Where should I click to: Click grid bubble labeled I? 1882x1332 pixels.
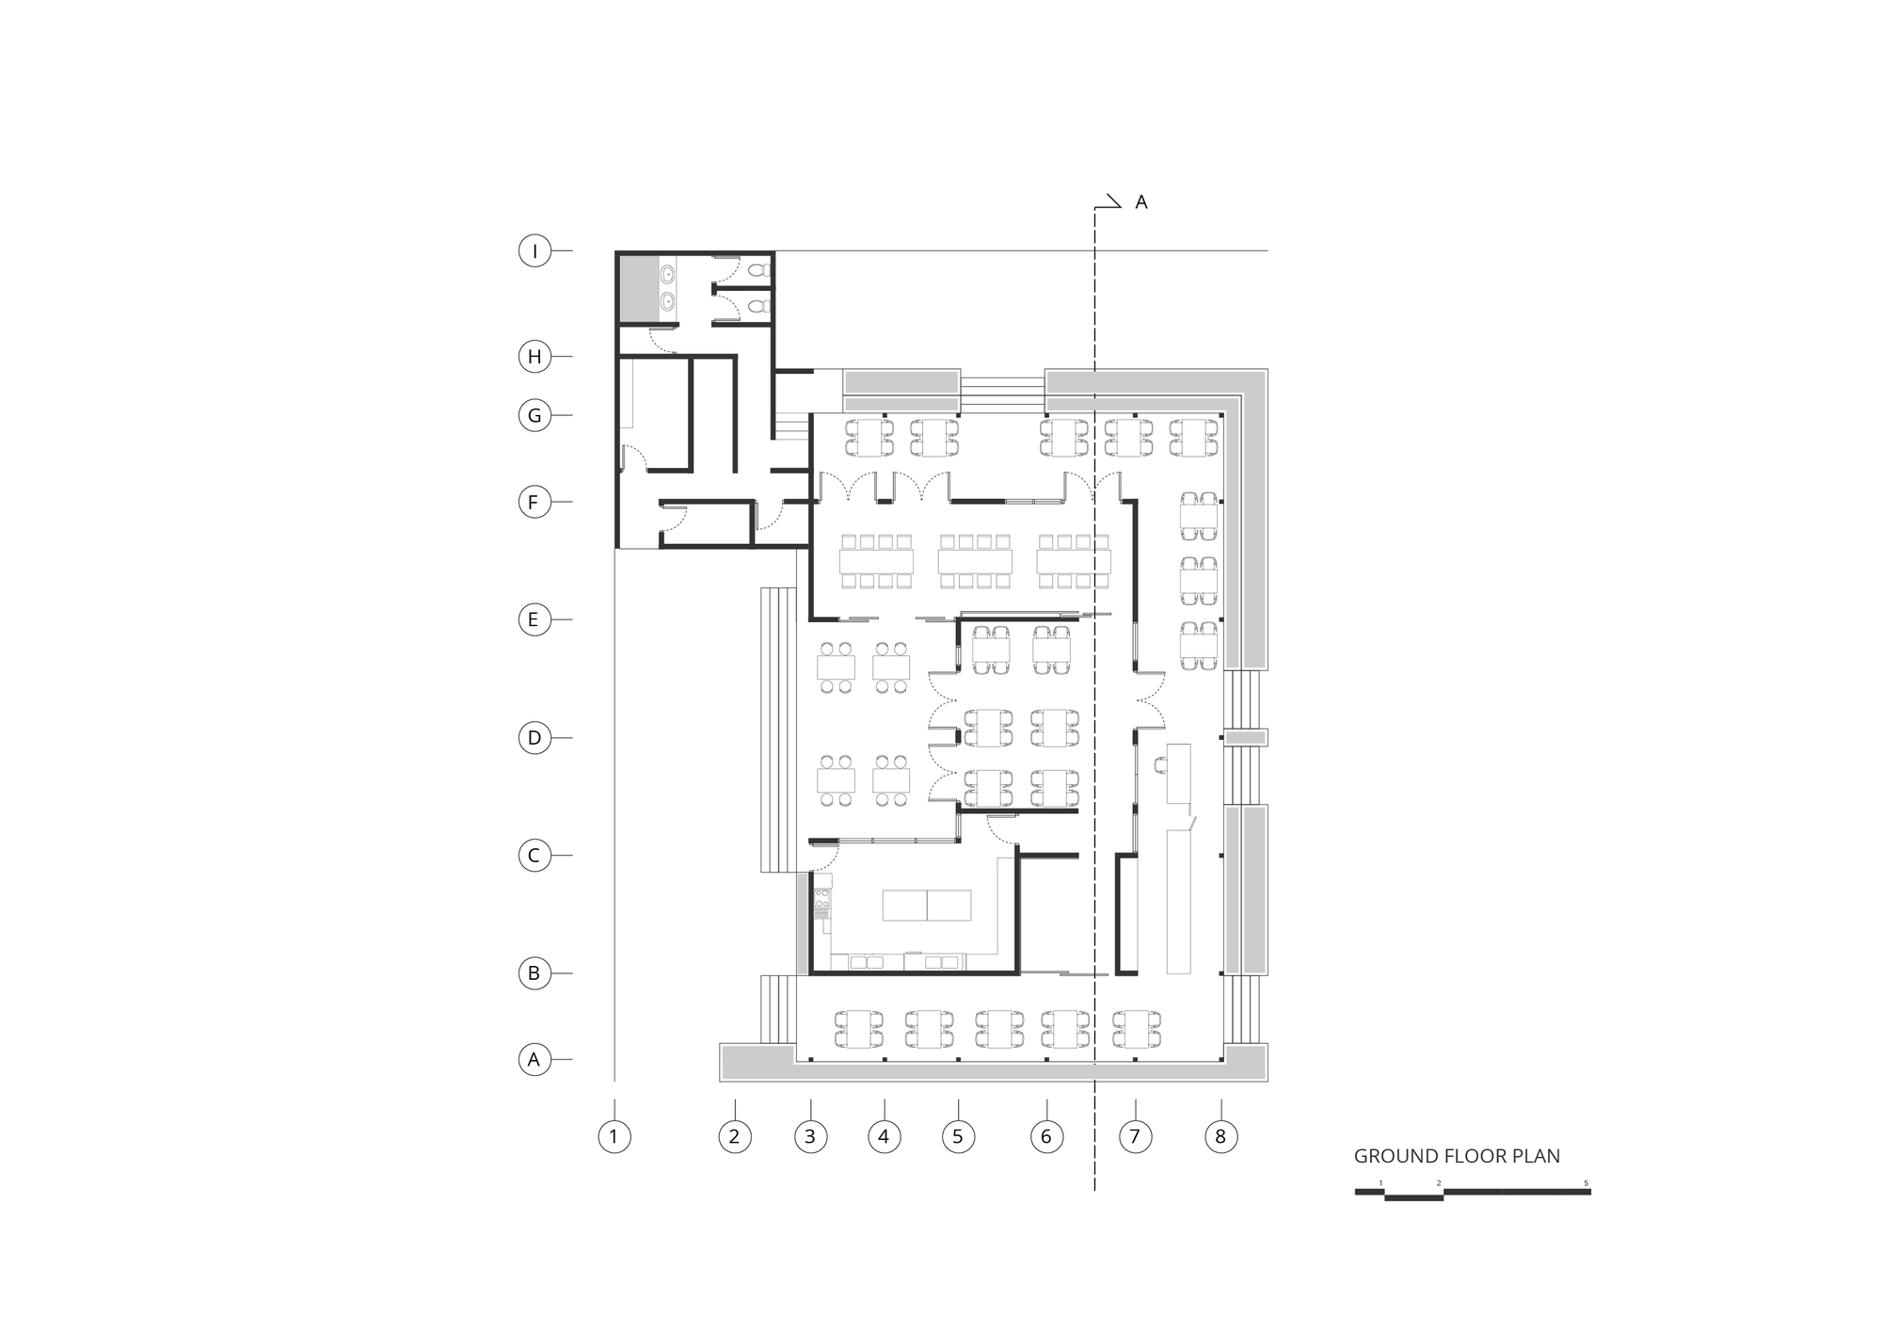pyautogui.click(x=534, y=251)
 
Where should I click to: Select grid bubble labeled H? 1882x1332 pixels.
pyautogui.click(x=534, y=357)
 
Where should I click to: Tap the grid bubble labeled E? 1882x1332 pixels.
pyautogui.click(x=534, y=619)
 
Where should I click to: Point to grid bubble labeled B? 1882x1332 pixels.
pyautogui.click(x=534, y=973)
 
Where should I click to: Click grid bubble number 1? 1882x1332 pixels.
pyautogui.click(x=614, y=1137)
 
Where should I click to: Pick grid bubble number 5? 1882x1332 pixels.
pyautogui.click(x=958, y=1137)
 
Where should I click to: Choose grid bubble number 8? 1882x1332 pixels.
pyautogui.click(x=1221, y=1137)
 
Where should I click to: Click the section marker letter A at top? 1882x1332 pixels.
pyautogui.click(x=1141, y=202)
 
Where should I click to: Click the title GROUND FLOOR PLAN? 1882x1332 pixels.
pyautogui.click(x=1457, y=1156)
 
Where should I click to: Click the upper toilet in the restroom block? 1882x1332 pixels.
pyautogui.click(x=758, y=269)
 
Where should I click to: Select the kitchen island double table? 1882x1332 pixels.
pyautogui.click(x=927, y=906)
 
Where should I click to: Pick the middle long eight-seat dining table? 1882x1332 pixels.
pyautogui.click(x=975, y=562)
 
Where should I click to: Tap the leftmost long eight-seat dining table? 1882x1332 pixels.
pyautogui.click(x=877, y=562)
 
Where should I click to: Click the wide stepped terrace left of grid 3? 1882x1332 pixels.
pyautogui.click(x=777, y=730)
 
